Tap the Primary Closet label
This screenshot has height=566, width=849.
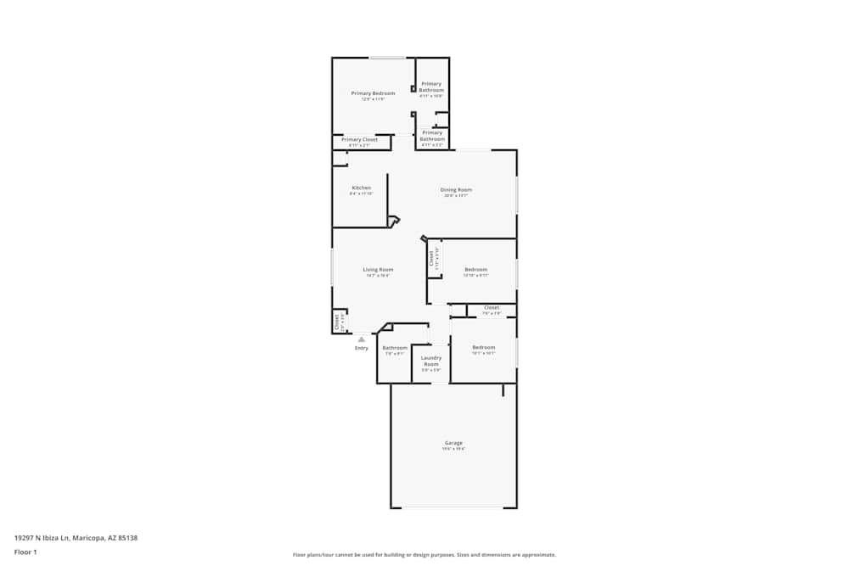coord(359,139)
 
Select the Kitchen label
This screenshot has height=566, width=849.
coord(362,188)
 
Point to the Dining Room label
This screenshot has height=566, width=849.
coord(456,189)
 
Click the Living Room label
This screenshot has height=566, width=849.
coord(378,269)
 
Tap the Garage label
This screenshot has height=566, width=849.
coord(453,442)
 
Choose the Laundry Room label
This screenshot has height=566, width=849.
coord(431,361)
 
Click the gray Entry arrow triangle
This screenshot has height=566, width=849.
coord(362,339)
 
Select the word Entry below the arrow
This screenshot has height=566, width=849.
coord(362,348)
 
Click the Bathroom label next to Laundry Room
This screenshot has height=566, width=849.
coord(395,348)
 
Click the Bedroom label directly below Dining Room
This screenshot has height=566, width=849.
coord(475,269)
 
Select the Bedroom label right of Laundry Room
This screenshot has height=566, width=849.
coord(483,347)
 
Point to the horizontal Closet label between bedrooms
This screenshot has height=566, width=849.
coord(492,307)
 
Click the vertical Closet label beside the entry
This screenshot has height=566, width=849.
coord(336,321)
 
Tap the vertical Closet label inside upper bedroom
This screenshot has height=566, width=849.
coord(431,257)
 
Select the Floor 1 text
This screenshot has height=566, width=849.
coord(25,552)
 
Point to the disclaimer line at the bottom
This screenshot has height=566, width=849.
coord(424,555)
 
